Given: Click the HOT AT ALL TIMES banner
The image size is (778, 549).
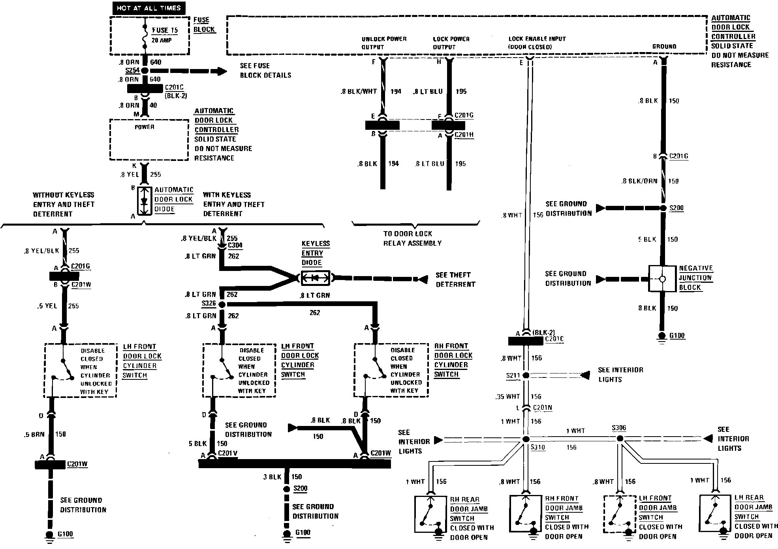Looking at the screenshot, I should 148,8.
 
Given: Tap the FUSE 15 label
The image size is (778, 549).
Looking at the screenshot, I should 165,30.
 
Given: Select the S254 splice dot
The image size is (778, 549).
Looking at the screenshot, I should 145,71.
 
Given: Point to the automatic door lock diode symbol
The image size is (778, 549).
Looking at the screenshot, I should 144,201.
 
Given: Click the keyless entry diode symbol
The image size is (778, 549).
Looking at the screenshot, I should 315,278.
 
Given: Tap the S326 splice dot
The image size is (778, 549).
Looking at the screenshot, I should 222,304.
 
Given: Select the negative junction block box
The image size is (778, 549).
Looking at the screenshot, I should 662,279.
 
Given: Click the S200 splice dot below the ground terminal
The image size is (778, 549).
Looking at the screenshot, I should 663,208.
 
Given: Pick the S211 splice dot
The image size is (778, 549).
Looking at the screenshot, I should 526,375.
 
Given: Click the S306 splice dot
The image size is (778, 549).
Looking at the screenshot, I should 620,439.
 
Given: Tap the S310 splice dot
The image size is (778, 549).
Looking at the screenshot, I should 526,439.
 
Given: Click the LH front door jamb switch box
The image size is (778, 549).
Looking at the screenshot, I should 619,514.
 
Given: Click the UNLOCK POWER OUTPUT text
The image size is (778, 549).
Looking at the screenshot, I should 383,43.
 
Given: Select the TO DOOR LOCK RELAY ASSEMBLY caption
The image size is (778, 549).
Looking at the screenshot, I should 412,238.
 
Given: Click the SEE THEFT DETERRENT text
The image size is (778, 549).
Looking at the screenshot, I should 455,279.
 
